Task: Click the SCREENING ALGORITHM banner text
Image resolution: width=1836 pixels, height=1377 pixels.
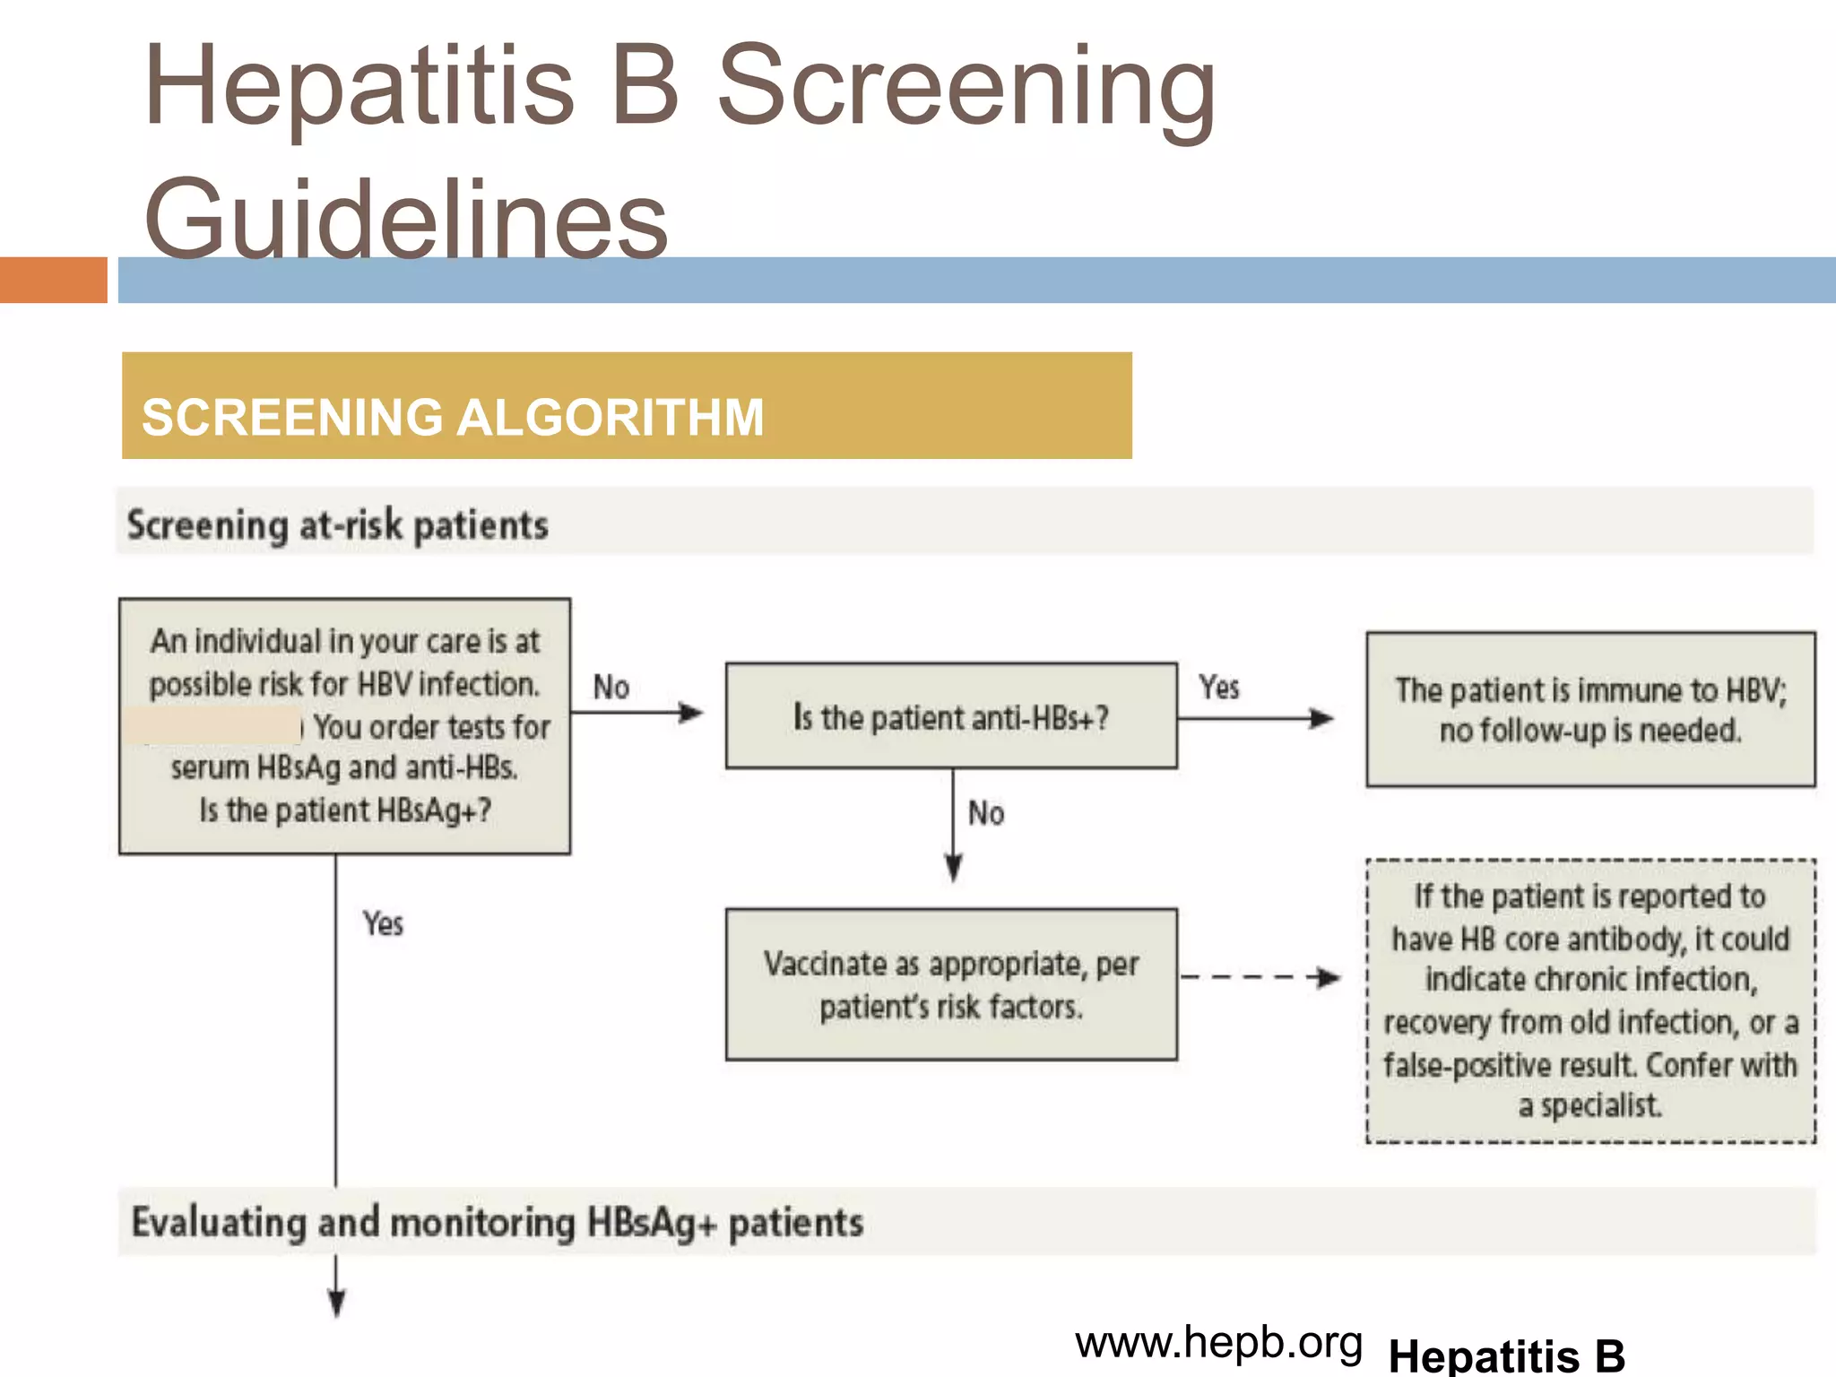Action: [453, 417]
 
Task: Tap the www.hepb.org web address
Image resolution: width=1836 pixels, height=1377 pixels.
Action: [1218, 1342]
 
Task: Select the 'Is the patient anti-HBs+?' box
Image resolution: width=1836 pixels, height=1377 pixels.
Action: [951, 716]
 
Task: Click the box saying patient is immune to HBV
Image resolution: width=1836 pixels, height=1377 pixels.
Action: [1590, 709]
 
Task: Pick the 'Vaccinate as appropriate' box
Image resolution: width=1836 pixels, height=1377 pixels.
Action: [951, 984]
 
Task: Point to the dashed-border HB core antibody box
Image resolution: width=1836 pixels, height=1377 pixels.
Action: [1590, 1000]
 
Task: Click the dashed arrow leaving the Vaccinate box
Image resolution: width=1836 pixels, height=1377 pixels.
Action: [1260, 977]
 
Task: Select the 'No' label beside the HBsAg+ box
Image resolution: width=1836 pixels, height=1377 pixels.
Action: [611, 688]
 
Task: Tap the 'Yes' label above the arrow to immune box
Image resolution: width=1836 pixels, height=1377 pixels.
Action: [1219, 688]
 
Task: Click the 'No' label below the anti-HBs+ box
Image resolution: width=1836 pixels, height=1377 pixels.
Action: [986, 813]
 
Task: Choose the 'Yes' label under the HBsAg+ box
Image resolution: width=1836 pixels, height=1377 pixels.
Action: [383, 923]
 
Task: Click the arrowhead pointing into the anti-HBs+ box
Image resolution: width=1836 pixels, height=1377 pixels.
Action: [691, 713]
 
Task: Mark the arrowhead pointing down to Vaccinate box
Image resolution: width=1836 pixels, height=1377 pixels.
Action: [954, 868]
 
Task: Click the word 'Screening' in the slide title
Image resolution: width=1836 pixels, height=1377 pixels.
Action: [966, 88]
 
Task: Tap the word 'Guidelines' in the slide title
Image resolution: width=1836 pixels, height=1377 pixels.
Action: [406, 218]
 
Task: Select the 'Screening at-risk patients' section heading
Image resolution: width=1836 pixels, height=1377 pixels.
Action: [337, 525]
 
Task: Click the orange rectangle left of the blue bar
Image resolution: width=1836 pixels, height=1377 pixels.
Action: [54, 280]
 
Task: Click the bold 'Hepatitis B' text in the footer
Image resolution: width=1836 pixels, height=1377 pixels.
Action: [1506, 1355]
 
